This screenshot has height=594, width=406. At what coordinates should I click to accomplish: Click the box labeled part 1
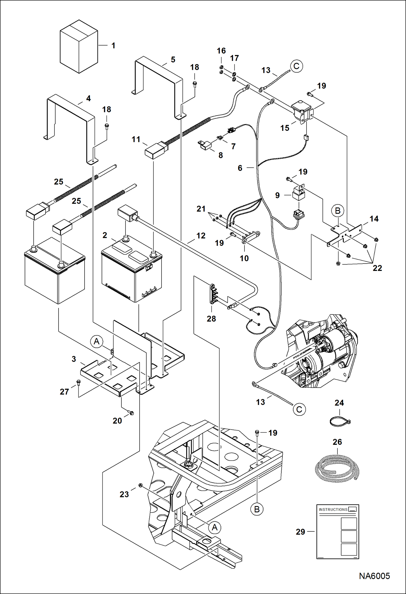point(79,47)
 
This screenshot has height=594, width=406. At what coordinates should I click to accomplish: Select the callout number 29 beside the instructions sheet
point(300,532)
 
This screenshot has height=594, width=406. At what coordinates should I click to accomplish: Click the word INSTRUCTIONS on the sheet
point(333,509)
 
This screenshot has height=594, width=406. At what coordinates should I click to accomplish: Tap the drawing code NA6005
point(374,576)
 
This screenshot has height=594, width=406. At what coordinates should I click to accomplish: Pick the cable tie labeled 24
point(340,421)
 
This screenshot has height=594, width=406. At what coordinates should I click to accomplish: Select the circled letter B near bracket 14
point(337,211)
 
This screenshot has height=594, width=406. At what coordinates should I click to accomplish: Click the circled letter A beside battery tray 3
point(96,342)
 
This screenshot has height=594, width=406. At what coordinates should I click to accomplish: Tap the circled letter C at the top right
point(297,66)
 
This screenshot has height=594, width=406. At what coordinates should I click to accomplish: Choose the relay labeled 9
point(299,195)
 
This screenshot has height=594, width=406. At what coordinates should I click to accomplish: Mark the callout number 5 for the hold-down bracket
point(173,60)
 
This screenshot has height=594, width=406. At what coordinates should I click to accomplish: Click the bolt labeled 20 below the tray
point(131,413)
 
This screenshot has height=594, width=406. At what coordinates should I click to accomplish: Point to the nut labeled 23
point(140,485)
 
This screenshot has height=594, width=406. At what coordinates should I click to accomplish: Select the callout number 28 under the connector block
point(211,319)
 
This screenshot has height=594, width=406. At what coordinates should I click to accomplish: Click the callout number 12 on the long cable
point(201,236)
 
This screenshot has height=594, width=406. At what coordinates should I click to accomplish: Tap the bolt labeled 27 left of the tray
point(79,382)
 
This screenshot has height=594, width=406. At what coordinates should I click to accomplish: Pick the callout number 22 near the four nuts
point(377,268)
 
